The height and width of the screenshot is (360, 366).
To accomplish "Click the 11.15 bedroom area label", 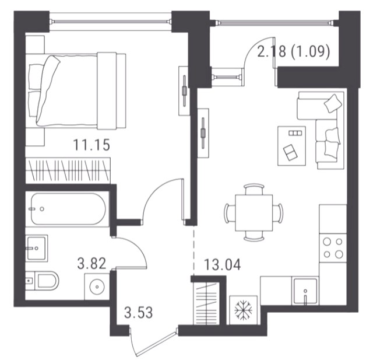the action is [x=91, y=145].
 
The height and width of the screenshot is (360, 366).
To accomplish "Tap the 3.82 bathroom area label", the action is [x=91, y=264].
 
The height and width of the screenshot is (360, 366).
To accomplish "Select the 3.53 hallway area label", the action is [x=139, y=313].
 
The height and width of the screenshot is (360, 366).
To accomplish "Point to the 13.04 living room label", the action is [x=222, y=265].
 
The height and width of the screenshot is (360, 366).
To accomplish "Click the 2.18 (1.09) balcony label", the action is [x=294, y=51].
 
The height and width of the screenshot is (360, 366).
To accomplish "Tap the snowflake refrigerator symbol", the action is [x=243, y=310].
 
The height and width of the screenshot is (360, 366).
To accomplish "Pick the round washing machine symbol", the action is [x=97, y=286].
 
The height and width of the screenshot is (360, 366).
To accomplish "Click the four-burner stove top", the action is [x=333, y=247].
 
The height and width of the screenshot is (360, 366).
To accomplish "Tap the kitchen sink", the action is [x=305, y=291].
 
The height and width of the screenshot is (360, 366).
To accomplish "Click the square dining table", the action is [x=254, y=213].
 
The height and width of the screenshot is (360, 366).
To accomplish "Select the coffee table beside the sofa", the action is [x=292, y=146].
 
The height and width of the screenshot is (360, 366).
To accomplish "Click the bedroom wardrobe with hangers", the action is [x=68, y=170].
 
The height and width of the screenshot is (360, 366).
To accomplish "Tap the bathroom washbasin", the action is [x=37, y=248].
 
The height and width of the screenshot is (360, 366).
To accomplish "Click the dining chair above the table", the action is [x=254, y=189].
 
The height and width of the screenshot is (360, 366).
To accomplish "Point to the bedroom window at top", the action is [x=110, y=22].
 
